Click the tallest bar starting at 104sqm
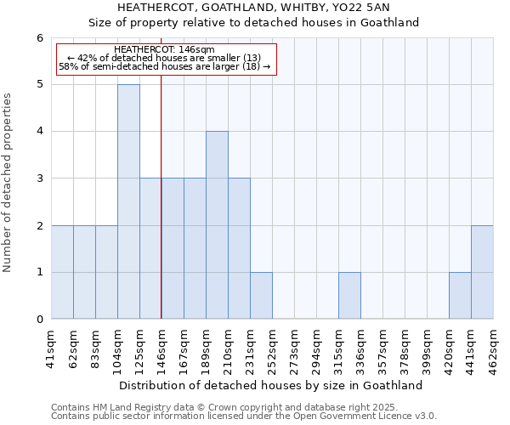(128, 201)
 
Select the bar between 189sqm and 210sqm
(217, 225)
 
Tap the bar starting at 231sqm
(261, 296)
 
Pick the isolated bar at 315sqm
(349, 296)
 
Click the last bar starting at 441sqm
(482, 272)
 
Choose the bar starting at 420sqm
(460, 296)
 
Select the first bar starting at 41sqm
(62, 272)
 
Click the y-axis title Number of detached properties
(8, 183)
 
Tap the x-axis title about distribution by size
(272, 385)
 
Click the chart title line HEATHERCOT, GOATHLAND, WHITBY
(254, 8)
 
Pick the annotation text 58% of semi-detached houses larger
(164, 66)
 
